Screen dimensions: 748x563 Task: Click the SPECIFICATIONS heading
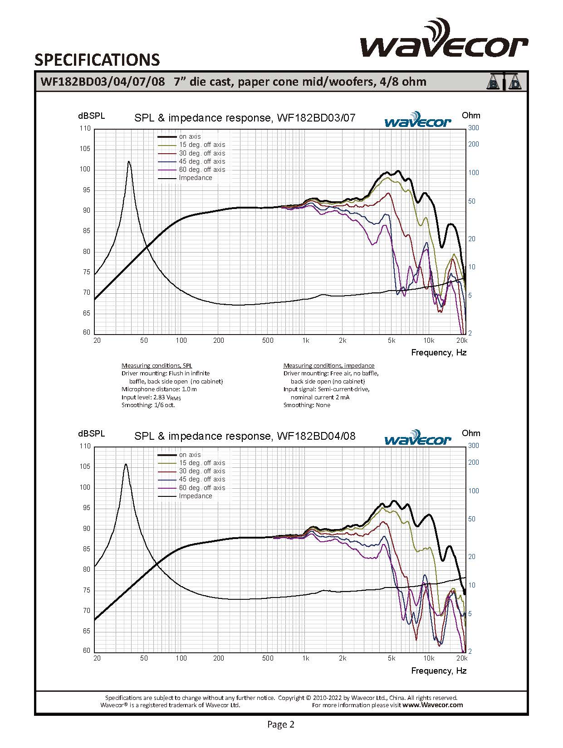click(x=97, y=60)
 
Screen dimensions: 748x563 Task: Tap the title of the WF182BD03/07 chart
click(x=245, y=118)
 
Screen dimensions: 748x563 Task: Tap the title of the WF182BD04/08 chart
click(x=245, y=436)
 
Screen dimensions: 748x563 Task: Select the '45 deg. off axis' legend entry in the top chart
click(x=201, y=161)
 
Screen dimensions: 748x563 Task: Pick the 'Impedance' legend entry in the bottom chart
click(x=195, y=496)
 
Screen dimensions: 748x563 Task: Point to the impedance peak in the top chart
click(x=129, y=162)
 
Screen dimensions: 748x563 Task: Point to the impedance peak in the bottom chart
click(x=126, y=464)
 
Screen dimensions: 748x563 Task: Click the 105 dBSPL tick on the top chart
click(x=85, y=149)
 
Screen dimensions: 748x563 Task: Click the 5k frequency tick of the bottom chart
click(x=391, y=658)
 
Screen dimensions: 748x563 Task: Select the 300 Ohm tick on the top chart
click(x=473, y=128)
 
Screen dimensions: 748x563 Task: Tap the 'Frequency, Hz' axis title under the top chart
click(x=438, y=353)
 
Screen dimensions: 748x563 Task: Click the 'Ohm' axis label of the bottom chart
click(x=470, y=433)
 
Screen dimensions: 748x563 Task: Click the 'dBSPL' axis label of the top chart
click(x=91, y=116)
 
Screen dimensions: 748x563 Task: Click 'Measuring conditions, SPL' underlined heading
click(x=157, y=365)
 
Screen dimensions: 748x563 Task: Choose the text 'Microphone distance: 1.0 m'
click(x=159, y=389)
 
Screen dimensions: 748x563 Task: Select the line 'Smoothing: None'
click(x=307, y=405)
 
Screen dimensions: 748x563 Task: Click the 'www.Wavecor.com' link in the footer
click(x=432, y=705)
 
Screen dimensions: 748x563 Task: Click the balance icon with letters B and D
click(x=504, y=82)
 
